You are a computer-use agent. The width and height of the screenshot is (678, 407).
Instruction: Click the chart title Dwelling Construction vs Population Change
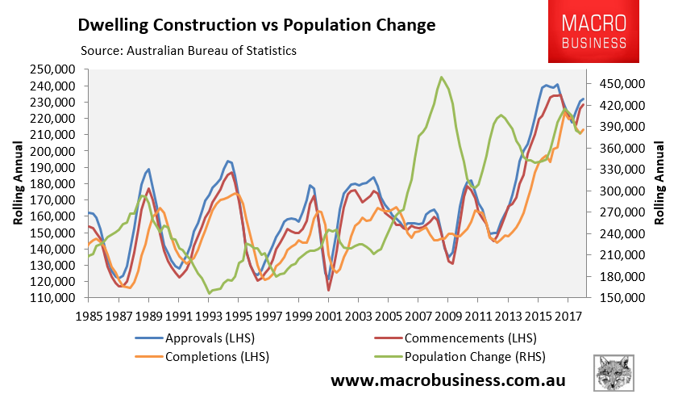256,24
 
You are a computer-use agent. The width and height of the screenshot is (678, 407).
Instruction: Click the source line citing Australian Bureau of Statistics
189,51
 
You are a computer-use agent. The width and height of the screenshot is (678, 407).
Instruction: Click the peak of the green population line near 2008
441,78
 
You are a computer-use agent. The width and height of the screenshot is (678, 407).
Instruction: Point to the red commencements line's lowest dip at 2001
328,289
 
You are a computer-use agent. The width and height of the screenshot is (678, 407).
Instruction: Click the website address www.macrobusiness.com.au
448,380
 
